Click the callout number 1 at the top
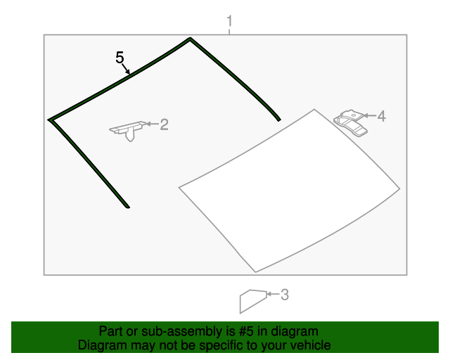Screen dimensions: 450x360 229,22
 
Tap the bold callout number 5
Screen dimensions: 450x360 120,58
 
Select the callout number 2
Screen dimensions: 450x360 164,124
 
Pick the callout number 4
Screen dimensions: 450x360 381,116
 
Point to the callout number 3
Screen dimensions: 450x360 284,295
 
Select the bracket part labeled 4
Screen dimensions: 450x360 350,122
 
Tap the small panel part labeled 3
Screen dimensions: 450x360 253,301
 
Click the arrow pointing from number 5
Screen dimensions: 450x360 126,69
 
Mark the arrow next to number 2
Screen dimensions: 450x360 153,124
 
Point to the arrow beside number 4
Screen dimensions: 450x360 370,115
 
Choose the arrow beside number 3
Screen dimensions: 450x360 273,294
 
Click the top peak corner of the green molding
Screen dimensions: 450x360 190,39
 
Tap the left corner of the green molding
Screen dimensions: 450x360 49,120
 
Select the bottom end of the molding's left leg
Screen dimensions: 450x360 128,207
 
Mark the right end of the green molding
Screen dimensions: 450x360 279,120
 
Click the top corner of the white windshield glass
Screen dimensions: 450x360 314,110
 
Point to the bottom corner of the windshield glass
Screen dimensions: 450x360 255,271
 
